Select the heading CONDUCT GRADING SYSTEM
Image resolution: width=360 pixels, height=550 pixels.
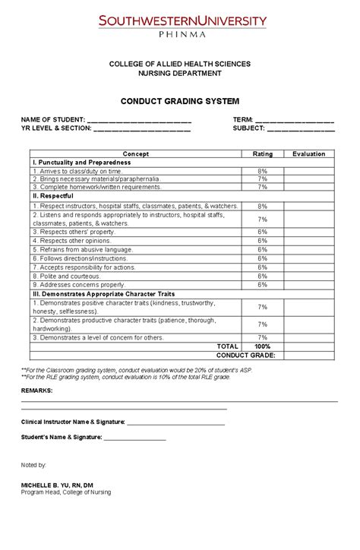click(x=180, y=101)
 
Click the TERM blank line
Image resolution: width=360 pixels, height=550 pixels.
click(x=294, y=121)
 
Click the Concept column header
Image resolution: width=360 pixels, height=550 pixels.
click(x=136, y=154)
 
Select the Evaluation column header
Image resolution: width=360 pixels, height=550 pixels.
click(x=308, y=154)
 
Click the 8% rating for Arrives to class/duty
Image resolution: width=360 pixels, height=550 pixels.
click(x=262, y=172)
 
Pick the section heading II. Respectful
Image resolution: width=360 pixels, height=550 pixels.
click(x=52, y=196)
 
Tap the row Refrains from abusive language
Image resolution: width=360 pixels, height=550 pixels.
click(x=84, y=249)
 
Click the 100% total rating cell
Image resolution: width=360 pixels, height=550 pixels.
click(x=262, y=346)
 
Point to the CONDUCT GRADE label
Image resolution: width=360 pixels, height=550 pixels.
click(x=245, y=355)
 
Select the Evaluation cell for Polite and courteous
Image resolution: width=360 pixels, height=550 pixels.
click(x=308, y=277)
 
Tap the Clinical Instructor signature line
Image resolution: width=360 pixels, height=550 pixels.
click(x=175, y=422)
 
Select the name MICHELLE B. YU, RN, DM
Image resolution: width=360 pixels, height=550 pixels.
click(x=57, y=485)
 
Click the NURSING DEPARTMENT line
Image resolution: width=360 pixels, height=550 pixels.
click(x=180, y=74)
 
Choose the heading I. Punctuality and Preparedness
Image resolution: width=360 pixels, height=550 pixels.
click(x=81, y=163)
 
